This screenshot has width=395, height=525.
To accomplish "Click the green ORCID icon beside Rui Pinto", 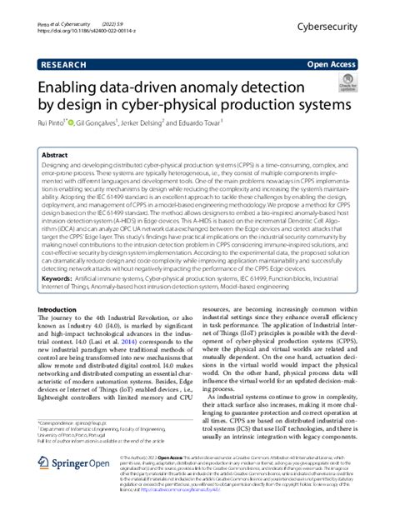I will coord(79,124).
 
